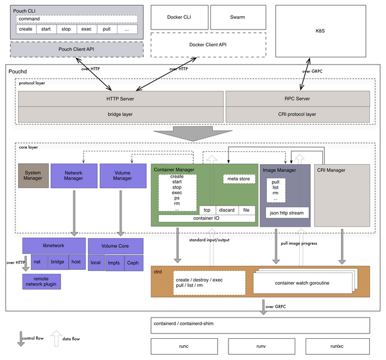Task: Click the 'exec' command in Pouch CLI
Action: (x=86, y=29)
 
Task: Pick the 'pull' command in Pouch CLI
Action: (x=107, y=29)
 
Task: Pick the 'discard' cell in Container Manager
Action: (x=226, y=209)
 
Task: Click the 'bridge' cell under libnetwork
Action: (x=58, y=262)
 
